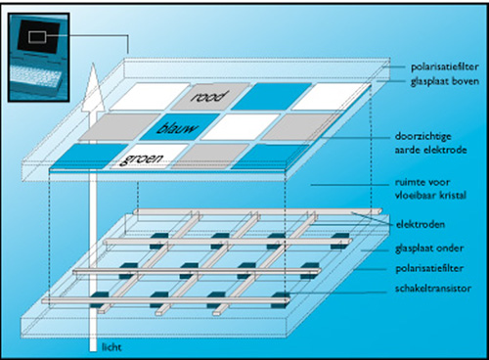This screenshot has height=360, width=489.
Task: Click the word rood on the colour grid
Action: pyautogui.click(x=209, y=97)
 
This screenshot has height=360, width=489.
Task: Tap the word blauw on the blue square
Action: pyautogui.click(x=177, y=128)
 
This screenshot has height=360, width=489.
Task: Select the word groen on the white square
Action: pyautogui.click(x=141, y=158)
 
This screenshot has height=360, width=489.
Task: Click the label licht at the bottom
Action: pyautogui.click(x=111, y=347)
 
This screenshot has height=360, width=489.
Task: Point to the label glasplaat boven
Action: pyautogui.click(x=445, y=81)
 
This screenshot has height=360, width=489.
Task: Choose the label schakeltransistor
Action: pyautogui.click(x=433, y=289)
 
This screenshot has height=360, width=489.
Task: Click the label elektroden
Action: pyautogui.click(x=421, y=224)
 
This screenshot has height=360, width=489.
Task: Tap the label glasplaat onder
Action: pyautogui.click(x=429, y=248)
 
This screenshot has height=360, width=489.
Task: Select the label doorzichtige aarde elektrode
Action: pyautogui.click(x=431, y=143)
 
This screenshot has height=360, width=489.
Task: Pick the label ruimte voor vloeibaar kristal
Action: pyautogui.click(x=430, y=189)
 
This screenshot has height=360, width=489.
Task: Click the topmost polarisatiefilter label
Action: pyautogui.click(x=445, y=67)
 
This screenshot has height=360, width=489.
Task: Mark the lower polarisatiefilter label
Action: pyautogui.click(x=429, y=269)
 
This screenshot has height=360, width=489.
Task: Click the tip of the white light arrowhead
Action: pyautogui.click(x=93, y=63)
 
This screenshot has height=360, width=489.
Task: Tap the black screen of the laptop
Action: pyautogui.click(x=39, y=36)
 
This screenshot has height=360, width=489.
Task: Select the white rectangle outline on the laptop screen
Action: pyautogui.click(x=37, y=37)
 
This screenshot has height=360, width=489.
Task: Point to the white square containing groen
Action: pyautogui.click(x=149, y=157)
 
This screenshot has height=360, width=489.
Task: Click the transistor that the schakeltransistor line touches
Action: pyautogui.click(x=281, y=299)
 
